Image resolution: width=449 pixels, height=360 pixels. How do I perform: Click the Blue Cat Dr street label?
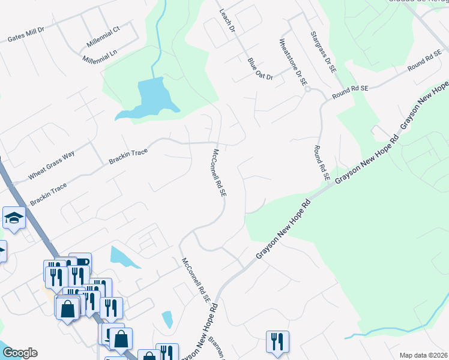click(260, 69)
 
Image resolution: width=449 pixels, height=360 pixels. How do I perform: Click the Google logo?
click(19, 353)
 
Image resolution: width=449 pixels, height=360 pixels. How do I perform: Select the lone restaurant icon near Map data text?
click(277, 341)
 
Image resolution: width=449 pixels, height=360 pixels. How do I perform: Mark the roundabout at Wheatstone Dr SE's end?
click(307, 89)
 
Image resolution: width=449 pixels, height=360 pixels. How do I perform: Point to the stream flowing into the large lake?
click(157, 42)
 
